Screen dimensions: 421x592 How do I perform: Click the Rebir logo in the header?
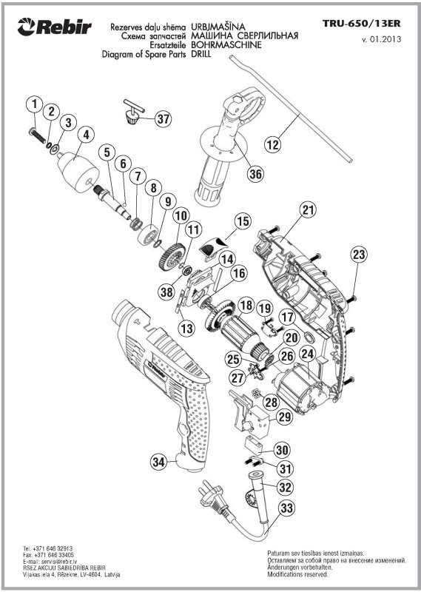click(54, 27)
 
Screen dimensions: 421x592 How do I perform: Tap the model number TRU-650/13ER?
click(361, 24)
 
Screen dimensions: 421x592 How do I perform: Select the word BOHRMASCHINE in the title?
click(226, 45)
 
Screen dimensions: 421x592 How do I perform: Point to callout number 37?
click(164, 119)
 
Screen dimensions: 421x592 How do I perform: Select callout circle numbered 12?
click(273, 144)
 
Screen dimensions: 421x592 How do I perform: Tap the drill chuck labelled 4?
click(78, 172)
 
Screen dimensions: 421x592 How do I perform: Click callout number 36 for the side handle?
click(255, 174)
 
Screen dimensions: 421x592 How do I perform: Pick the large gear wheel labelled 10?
click(172, 256)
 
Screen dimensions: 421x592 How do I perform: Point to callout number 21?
click(309, 210)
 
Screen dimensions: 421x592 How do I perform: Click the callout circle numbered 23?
click(359, 254)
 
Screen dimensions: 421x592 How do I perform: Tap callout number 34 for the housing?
click(159, 461)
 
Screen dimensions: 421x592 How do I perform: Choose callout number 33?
click(286, 508)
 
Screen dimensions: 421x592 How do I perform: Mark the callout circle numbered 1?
click(35, 104)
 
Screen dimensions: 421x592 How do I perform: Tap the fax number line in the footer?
click(48, 556)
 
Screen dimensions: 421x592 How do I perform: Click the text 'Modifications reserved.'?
click(298, 575)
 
